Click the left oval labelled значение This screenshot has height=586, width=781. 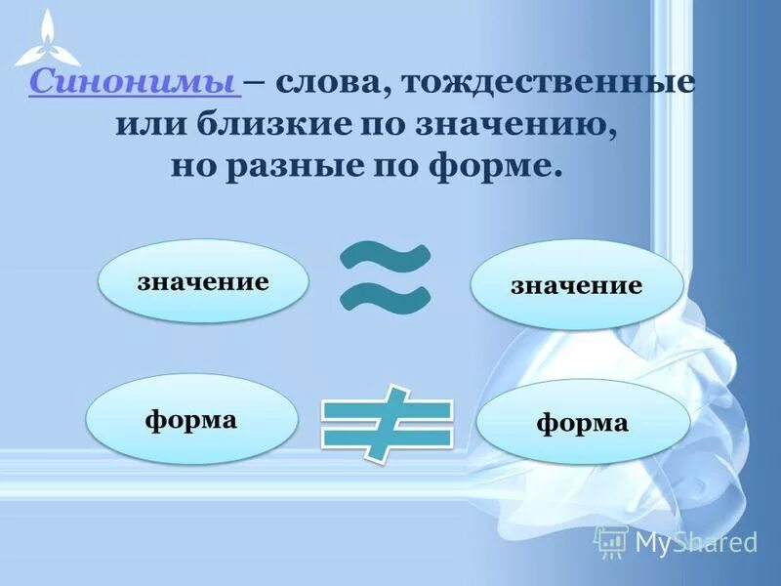[203, 282]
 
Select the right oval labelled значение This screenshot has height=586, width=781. [576, 285]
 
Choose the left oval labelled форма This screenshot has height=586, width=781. [191, 420]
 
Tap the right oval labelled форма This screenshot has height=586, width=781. [582, 423]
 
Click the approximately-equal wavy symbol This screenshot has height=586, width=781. [386, 279]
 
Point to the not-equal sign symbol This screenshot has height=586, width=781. [388, 423]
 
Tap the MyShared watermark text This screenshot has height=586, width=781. [696, 541]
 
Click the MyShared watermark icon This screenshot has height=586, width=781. [611, 540]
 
